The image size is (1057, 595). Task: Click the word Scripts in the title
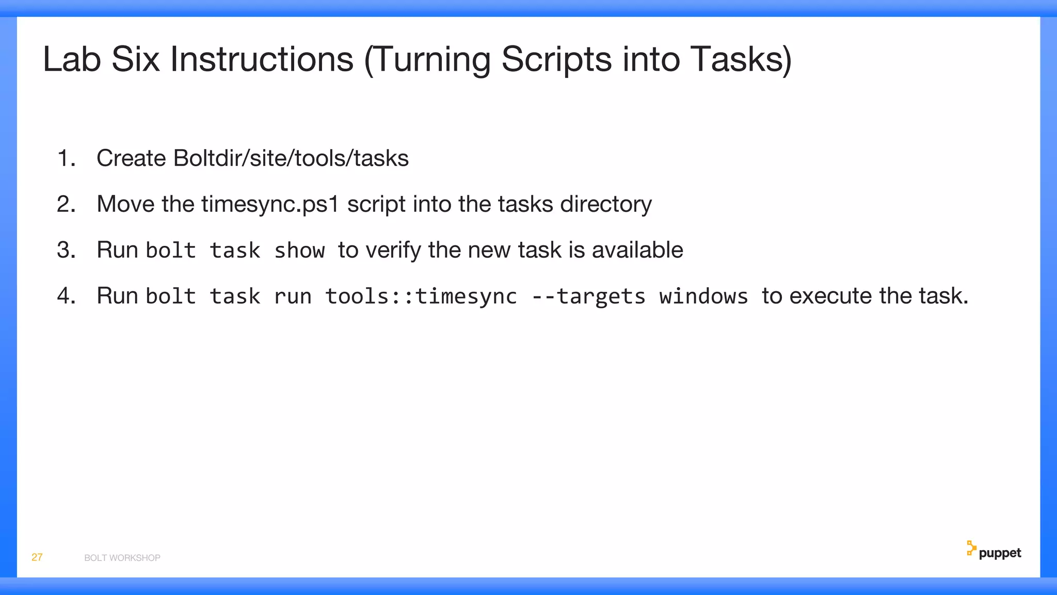click(556, 59)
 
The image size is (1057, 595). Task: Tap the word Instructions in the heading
click(262, 59)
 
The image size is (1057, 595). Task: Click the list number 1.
click(66, 158)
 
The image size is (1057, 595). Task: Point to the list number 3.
click(66, 250)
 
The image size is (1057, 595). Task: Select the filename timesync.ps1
click(270, 204)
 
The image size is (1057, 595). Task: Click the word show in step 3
click(299, 250)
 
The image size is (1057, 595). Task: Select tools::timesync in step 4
click(421, 296)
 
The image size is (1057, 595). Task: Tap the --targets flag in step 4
click(588, 296)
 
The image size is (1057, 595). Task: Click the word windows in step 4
click(703, 296)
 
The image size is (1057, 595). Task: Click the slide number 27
click(37, 557)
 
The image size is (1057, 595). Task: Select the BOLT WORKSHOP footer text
click(122, 558)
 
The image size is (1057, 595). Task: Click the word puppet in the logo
click(1000, 553)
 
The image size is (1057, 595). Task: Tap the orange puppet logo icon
click(971, 548)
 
